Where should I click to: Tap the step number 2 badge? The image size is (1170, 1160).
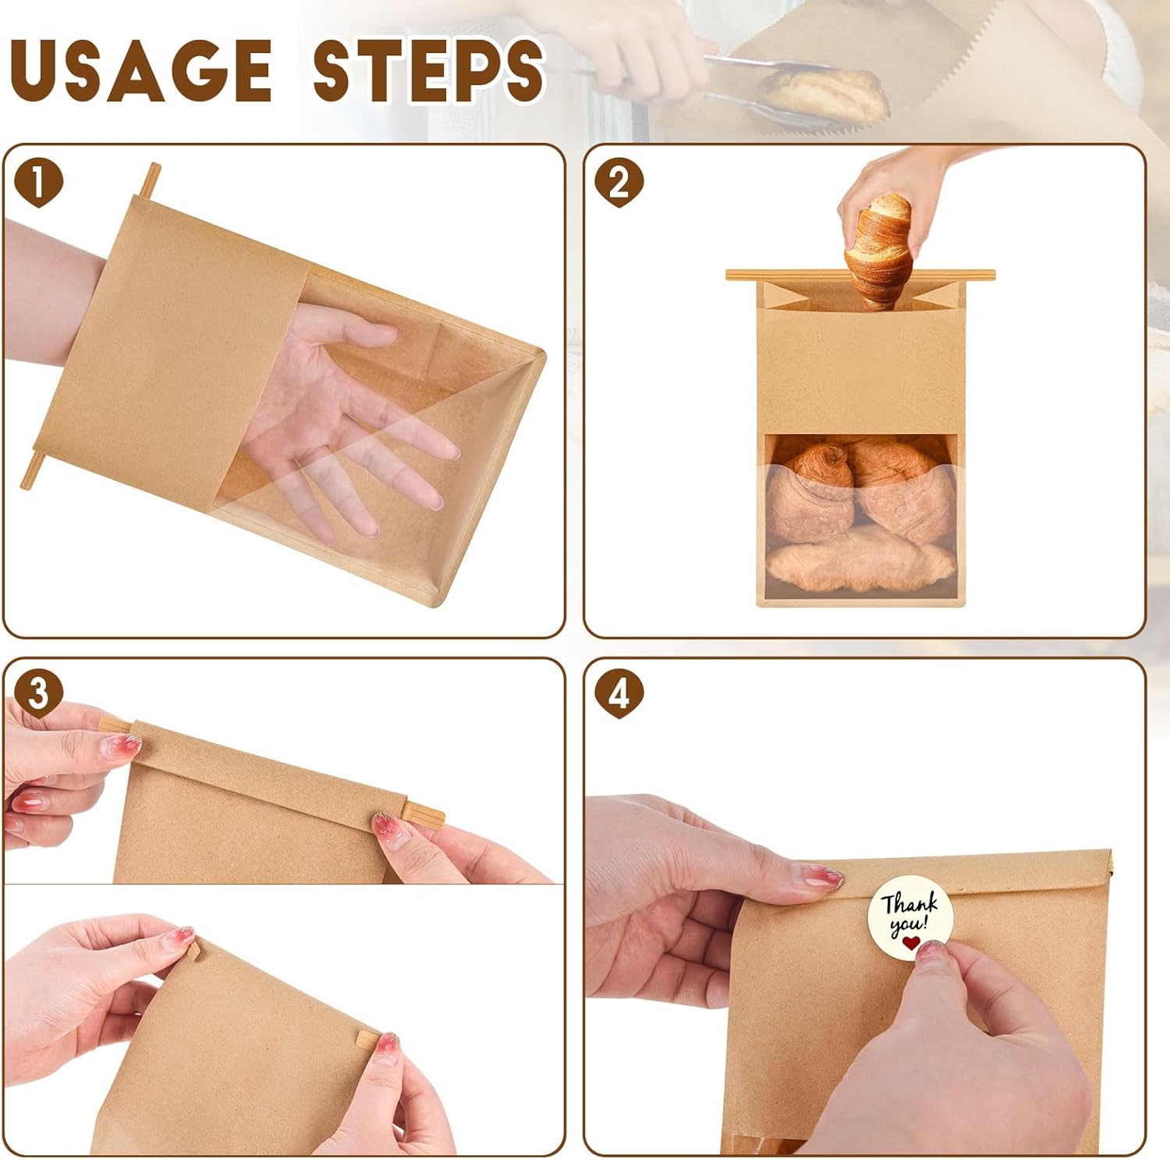pos(619,183)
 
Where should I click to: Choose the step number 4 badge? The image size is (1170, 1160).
pos(619,693)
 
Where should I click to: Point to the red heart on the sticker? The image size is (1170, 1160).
pos(910,944)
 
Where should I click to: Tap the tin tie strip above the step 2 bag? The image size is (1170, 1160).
pos(860,275)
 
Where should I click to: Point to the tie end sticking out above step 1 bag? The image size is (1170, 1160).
pos(149,180)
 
